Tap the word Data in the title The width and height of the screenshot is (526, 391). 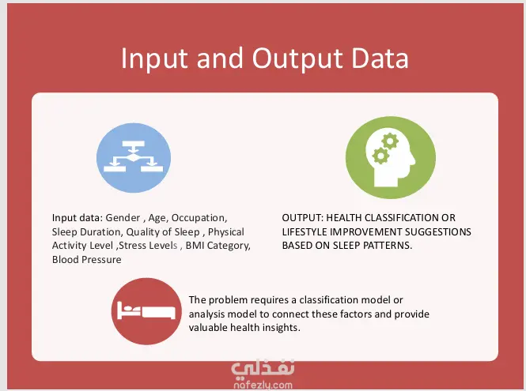click(380, 58)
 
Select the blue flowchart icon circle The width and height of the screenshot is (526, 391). click(134, 158)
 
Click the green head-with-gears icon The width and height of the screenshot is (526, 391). click(391, 157)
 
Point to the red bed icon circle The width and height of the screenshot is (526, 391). click(146, 311)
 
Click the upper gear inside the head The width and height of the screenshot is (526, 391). click(390, 141)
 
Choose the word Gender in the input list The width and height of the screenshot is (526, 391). click(123, 218)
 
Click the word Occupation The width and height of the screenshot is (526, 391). click(199, 218)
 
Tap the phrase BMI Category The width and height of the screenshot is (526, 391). click(218, 246)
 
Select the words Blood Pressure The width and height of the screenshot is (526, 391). click(86, 259)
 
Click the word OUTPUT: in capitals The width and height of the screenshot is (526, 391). click(303, 218)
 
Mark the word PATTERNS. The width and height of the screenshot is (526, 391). click(388, 246)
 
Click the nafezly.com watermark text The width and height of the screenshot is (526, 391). click(263, 385)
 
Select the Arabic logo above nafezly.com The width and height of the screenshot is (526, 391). click(263, 368)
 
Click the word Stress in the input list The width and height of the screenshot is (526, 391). click(132, 246)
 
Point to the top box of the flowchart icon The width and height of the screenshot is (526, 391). click(134, 144)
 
